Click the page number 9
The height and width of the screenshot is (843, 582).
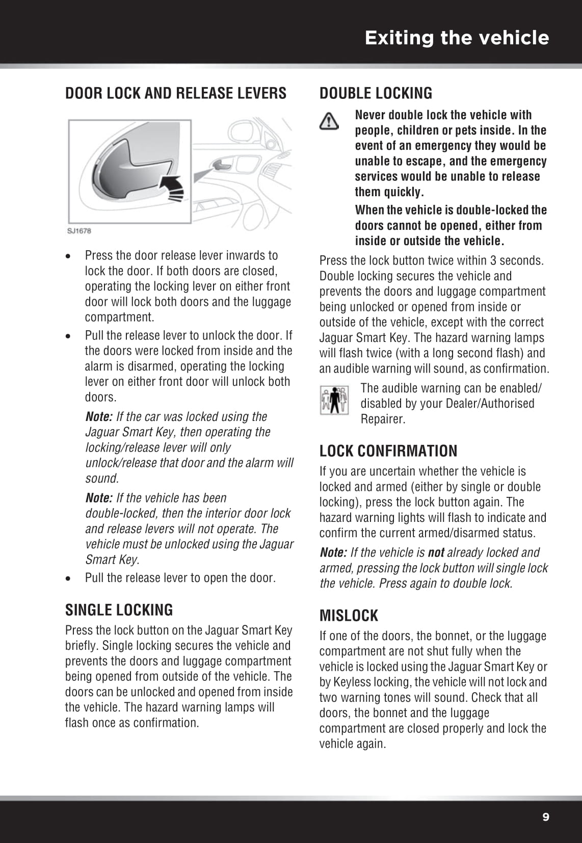coord(546,817)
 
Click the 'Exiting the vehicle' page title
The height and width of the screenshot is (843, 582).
coord(457,38)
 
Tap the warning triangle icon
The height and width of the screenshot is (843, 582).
coord(329,121)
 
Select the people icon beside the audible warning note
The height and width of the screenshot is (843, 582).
coord(334,400)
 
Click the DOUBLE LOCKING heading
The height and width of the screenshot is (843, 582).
coord(376,93)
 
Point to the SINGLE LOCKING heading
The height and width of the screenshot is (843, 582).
coord(119,610)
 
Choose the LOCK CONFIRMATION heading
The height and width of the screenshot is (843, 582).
coord(388,451)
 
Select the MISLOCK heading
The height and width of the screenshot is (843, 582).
coord(349,616)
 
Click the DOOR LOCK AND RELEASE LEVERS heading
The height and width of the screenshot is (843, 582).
coord(176,93)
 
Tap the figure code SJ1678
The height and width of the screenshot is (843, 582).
coord(79,231)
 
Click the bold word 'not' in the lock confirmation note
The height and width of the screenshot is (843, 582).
coord(436,552)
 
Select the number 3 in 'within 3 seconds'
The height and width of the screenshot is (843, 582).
coord(493,260)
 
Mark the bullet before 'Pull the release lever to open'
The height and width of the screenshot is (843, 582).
coord(68,578)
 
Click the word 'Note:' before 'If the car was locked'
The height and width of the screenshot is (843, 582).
coord(99,416)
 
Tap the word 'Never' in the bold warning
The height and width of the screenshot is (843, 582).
coord(371,115)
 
